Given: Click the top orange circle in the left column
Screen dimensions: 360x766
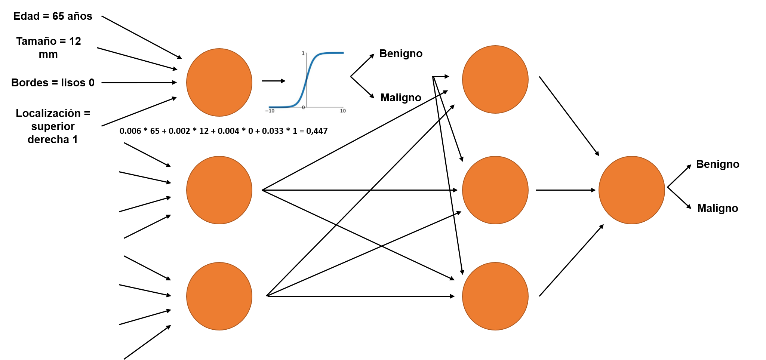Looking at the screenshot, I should click(x=219, y=82).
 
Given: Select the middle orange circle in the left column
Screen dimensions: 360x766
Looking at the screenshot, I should click(x=219, y=190).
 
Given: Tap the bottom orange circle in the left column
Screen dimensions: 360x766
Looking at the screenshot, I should click(x=219, y=296).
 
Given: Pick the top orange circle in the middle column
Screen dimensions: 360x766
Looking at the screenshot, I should click(x=495, y=79).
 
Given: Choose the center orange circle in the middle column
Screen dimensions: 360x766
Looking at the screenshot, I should click(x=495, y=190).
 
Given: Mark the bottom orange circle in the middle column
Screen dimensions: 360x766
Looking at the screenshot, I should click(x=495, y=296).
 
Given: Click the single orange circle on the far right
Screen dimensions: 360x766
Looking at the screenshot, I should click(x=631, y=190).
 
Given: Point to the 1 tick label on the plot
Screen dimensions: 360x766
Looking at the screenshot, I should click(x=303, y=53).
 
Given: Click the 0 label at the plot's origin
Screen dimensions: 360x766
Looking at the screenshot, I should click(x=303, y=108).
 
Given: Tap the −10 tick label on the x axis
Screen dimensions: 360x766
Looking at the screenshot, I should click(x=270, y=111).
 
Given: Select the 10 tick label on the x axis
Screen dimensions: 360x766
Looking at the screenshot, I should click(x=343, y=111).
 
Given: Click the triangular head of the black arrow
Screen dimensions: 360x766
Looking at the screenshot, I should click(x=283, y=81).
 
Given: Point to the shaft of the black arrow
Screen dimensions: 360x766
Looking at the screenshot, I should click(x=271, y=81).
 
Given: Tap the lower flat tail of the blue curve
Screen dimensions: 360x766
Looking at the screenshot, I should click(x=279, y=107).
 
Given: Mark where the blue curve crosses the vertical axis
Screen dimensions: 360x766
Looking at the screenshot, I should click(x=307, y=80).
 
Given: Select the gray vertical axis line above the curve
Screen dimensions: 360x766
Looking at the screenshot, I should click(x=307, y=62).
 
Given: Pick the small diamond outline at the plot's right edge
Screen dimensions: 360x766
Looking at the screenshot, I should click(x=351, y=76).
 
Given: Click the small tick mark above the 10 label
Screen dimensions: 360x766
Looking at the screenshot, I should click(x=343, y=108).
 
